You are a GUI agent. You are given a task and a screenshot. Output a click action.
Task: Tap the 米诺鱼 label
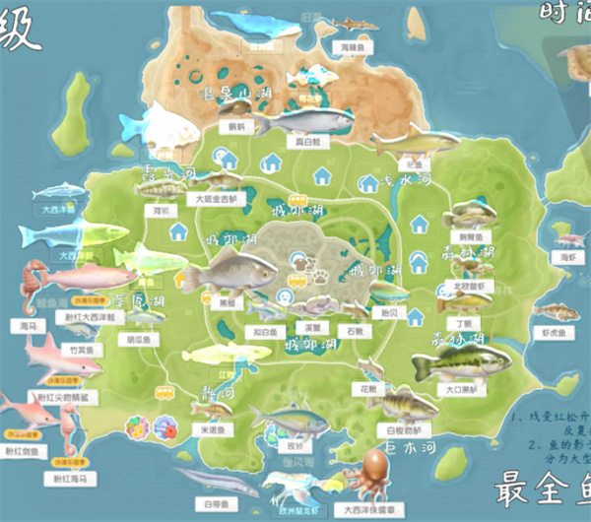pos(214,429)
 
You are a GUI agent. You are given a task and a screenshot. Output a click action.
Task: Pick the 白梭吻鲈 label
pos(402,430)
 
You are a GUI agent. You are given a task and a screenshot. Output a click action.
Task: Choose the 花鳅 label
pos(368,389)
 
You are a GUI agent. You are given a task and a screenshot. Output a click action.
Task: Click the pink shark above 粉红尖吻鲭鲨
pos(61,359)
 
